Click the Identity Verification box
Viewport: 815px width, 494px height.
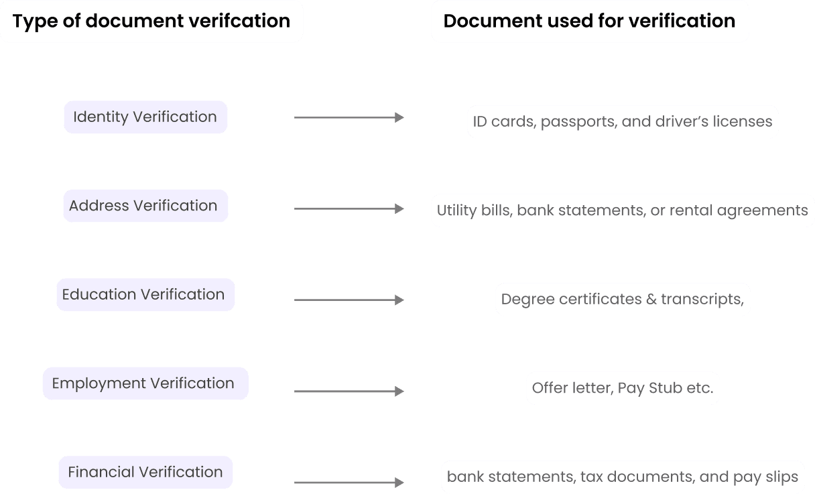tap(145, 117)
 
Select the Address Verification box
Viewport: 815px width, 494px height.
tap(145, 206)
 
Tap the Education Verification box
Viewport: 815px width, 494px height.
tap(145, 295)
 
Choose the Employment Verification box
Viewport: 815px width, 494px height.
tap(145, 383)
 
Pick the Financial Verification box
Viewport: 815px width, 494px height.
tap(145, 472)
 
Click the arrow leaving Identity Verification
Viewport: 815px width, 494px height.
tap(349, 117)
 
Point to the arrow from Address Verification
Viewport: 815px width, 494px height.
tap(349, 209)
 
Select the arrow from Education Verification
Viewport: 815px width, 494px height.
tap(349, 300)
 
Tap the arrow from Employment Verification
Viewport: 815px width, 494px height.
tap(349, 391)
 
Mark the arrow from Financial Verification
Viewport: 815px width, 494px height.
tap(349, 483)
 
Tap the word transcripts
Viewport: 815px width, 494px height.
tap(702, 299)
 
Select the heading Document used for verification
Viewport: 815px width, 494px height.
tap(589, 21)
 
